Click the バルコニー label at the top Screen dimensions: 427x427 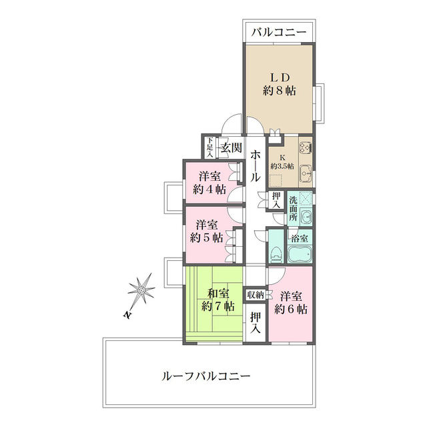(279, 32)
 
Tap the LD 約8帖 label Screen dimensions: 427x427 (280, 83)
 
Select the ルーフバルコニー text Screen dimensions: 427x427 (205, 376)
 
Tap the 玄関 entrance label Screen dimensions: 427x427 (231, 147)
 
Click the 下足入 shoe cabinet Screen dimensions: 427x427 (209, 147)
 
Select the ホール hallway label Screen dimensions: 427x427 (256, 166)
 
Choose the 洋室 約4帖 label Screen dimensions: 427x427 (209, 183)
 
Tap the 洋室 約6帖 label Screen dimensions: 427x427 (292, 302)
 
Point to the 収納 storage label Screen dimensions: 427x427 (256, 294)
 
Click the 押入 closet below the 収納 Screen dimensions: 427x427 (256, 322)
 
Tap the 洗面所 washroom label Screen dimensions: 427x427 (293, 208)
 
